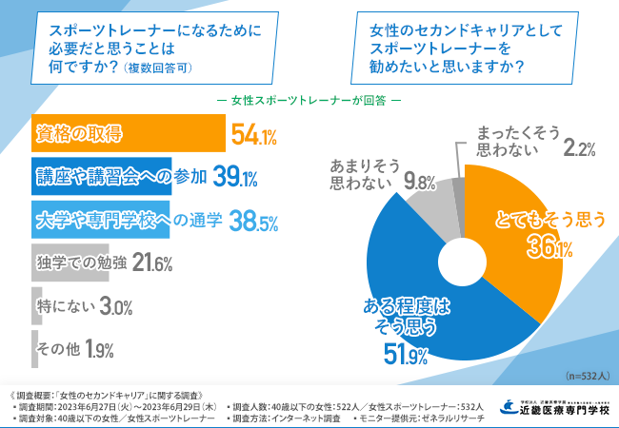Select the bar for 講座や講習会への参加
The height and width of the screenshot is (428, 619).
point(100,177)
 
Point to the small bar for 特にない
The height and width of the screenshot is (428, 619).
point(34,306)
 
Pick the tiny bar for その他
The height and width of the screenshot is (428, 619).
point(33,349)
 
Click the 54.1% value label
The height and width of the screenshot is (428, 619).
point(253,134)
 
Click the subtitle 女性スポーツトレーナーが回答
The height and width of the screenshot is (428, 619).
point(310,100)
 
